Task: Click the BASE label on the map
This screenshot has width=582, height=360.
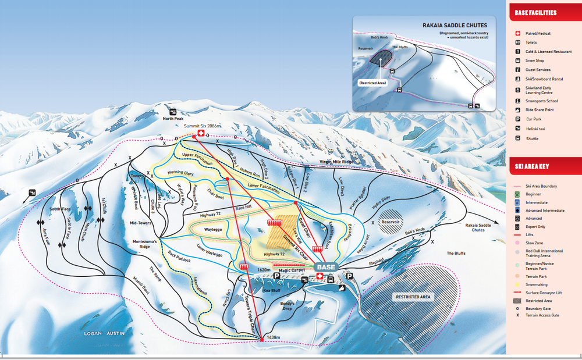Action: [326, 266]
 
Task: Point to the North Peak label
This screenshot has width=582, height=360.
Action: [173, 119]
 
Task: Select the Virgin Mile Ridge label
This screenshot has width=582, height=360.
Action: [336, 162]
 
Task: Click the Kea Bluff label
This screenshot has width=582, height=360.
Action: [272, 290]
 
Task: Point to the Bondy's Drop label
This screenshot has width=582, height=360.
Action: [288, 305]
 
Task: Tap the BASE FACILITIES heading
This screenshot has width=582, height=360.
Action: [535, 13]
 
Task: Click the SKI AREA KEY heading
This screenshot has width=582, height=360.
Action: [533, 166]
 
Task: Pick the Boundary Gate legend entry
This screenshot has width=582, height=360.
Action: [538, 309]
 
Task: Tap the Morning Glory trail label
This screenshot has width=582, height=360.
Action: [180, 173]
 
